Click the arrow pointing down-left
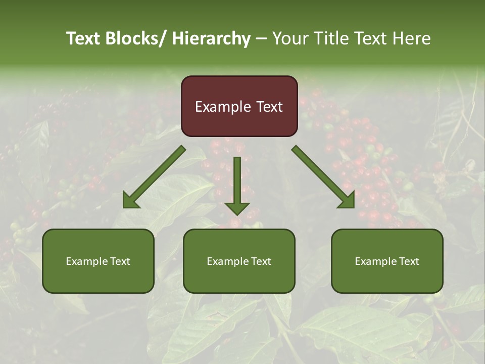(x=154, y=177)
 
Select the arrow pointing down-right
(x=323, y=177)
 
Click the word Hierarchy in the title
(x=211, y=38)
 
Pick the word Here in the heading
(x=412, y=38)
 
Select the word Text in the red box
(x=268, y=107)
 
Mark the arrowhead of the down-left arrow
(x=130, y=201)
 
